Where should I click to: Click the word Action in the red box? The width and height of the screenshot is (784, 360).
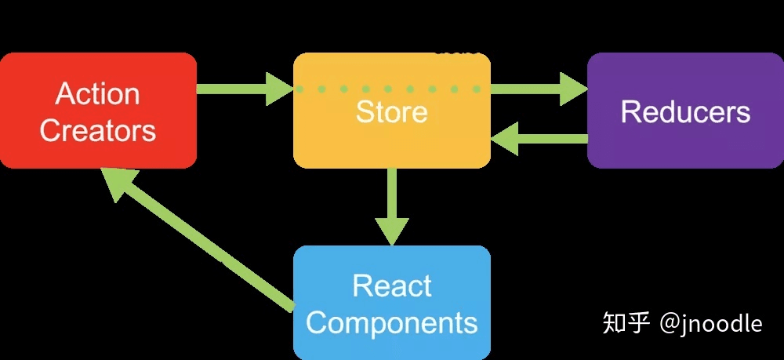pyautogui.click(x=98, y=94)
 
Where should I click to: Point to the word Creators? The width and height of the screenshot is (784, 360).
pyautogui.click(x=98, y=130)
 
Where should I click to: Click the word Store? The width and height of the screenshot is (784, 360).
pyautogui.click(x=392, y=112)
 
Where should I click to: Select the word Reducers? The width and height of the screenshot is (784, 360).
pyautogui.click(x=685, y=112)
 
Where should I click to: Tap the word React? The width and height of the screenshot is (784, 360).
pyautogui.click(x=392, y=285)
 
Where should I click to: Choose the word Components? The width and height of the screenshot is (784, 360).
pyautogui.click(x=392, y=322)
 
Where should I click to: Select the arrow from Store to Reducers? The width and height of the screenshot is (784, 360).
pyautogui.click(x=533, y=88)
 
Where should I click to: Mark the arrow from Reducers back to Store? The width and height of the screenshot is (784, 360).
pyautogui.click(x=541, y=139)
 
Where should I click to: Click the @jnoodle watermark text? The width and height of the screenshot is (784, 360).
pyautogui.click(x=710, y=322)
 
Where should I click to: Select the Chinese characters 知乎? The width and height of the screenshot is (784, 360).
pyautogui.click(x=626, y=322)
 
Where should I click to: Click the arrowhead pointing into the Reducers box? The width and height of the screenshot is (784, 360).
pyautogui.click(x=575, y=88)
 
